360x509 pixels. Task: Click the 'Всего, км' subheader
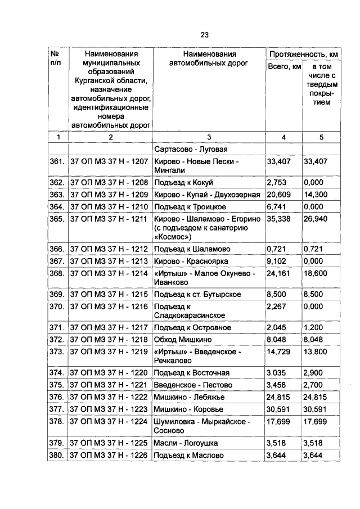pyautogui.click(x=283, y=67)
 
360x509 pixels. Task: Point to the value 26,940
pyautogui.click(x=316, y=219)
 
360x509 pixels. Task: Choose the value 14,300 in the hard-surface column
pyautogui.click(x=316, y=195)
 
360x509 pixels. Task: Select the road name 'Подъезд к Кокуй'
pyautogui.click(x=183, y=182)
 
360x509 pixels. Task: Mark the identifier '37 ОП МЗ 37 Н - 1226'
pyautogui.click(x=108, y=454)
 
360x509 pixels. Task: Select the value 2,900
pyautogui.click(x=314, y=372)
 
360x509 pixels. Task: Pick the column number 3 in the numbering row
pyautogui.click(x=209, y=137)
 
